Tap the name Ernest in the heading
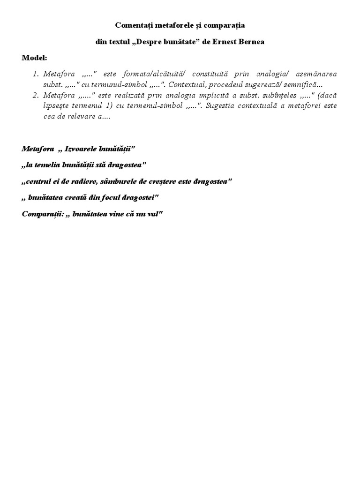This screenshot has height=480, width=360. pyautogui.click(x=225, y=42)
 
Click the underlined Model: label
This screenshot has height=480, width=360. pyautogui.click(x=34, y=58)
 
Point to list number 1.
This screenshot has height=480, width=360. pyautogui.click(x=36, y=75)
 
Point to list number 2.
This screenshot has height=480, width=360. pyautogui.click(x=36, y=95)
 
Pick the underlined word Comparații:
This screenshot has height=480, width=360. pyautogui.click(x=42, y=213)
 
